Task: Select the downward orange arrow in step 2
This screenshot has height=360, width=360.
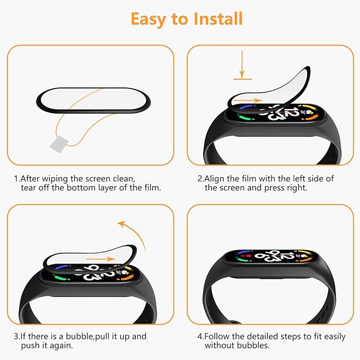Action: tap(242, 63)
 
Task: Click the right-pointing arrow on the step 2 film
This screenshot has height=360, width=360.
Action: tap(247, 100)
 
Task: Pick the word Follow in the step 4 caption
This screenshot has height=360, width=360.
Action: tap(218, 336)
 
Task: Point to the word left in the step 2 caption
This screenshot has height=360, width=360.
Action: tap(298, 179)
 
